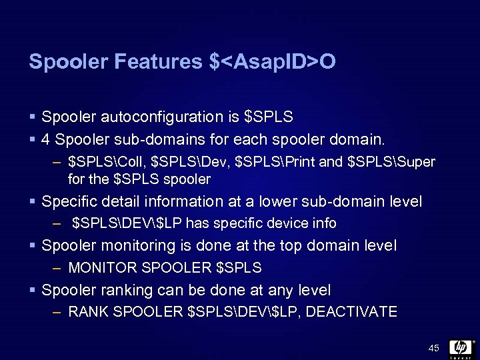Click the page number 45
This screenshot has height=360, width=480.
tap(434, 348)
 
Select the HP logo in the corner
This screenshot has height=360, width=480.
tap(461, 348)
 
